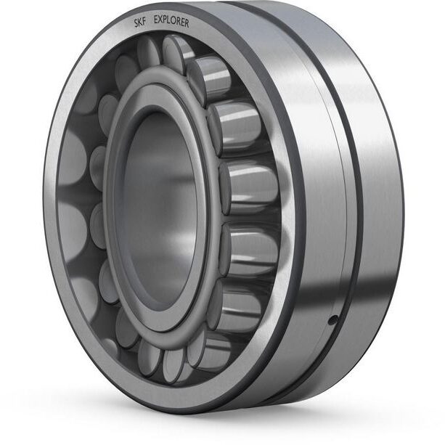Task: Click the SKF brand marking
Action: pyautogui.click(x=140, y=23)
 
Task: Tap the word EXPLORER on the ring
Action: pyautogui.click(x=171, y=21)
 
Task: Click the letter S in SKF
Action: pyautogui.click(x=136, y=23)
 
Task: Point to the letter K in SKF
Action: pyautogui.click(x=140, y=23)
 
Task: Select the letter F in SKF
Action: pyautogui.click(x=144, y=22)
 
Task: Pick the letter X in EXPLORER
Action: pyautogui.click(x=160, y=20)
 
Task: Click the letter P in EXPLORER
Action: pyautogui.click(x=166, y=21)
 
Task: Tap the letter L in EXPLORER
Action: pyautogui.click(x=169, y=21)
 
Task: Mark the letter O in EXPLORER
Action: pyautogui.click(x=174, y=22)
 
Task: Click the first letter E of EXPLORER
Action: pyautogui.click(x=156, y=20)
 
